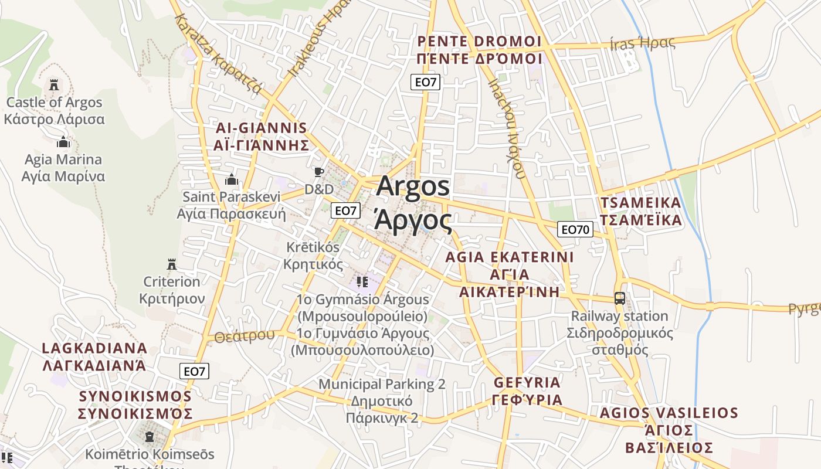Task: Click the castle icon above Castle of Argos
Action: [54, 85]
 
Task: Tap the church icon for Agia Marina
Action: [63, 142]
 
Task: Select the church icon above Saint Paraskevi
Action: [232, 179]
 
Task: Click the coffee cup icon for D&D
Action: [318, 172]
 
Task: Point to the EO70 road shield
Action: [575, 230]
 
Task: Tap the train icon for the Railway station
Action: [619, 298]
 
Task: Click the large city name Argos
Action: [413, 186]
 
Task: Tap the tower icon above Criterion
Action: [172, 264]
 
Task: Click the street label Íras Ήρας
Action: [642, 43]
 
